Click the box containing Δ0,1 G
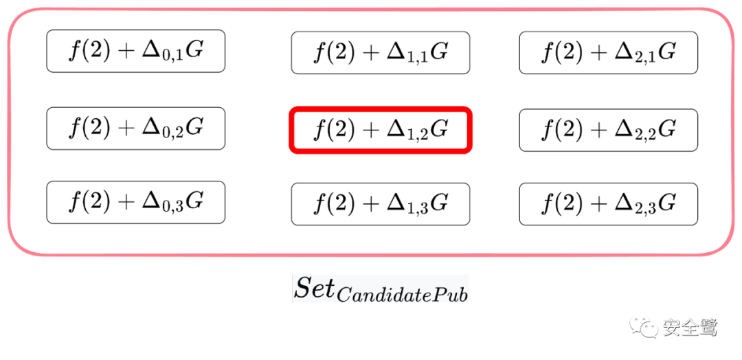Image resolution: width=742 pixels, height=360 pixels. [x=135, y=51]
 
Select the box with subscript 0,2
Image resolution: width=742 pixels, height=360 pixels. [x=135, y=128]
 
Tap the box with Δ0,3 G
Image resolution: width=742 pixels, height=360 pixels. [x=135, y=202]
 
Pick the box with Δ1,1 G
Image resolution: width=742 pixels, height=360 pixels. [x=381, y=52]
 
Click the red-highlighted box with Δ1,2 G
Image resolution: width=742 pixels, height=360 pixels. [x=381, y=129]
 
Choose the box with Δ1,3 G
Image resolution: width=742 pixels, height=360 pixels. [x=381, y=203]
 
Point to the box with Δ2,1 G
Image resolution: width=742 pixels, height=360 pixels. [x=608, y=52]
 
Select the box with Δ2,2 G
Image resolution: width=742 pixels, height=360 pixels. [x=608, y=129]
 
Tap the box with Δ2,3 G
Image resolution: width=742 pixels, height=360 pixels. [x=608, y=203]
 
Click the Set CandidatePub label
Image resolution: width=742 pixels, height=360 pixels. [x=381, y=289]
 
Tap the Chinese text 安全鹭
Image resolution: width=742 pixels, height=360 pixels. [x=689, y=327]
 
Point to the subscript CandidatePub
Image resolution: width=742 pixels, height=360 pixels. [x=402, y=294]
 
